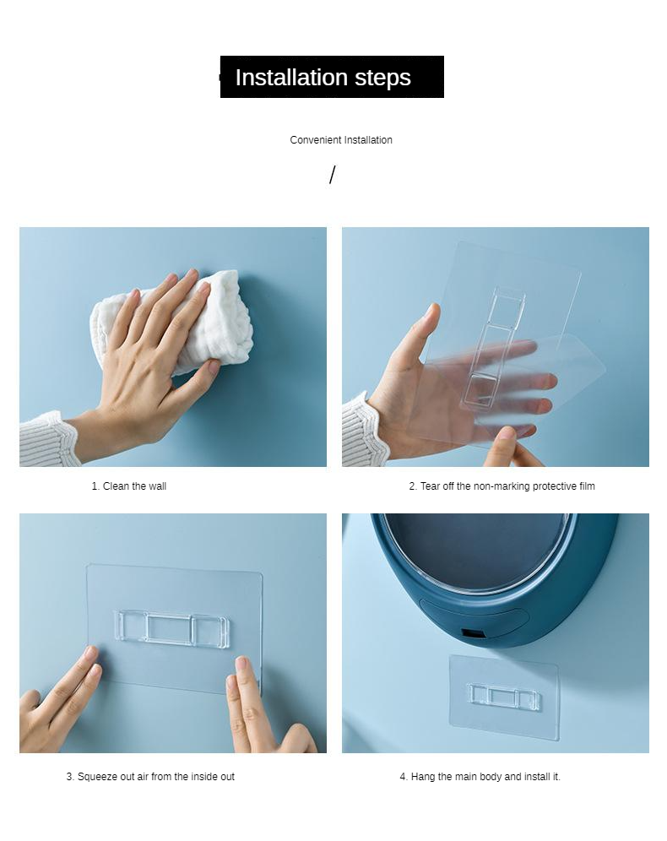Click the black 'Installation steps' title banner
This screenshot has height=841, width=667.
coord(332,77)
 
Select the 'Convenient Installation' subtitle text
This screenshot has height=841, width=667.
coord(341,140)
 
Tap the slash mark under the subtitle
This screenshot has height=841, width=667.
coord(333,175)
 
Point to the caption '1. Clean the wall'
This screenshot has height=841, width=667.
coord(128,486)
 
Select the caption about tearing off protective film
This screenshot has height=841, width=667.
coord(502,486)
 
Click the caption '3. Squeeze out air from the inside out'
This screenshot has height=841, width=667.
coord(150,776)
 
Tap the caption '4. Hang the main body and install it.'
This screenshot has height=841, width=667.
coord(480,776)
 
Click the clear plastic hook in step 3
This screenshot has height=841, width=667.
coord(172,627)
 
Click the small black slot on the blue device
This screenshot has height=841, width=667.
coord(473,634)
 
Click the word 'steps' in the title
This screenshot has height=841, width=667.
coord(382,77)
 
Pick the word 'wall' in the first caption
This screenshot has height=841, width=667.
coord(157,486)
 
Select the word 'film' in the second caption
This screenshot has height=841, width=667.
coord(587,486)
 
